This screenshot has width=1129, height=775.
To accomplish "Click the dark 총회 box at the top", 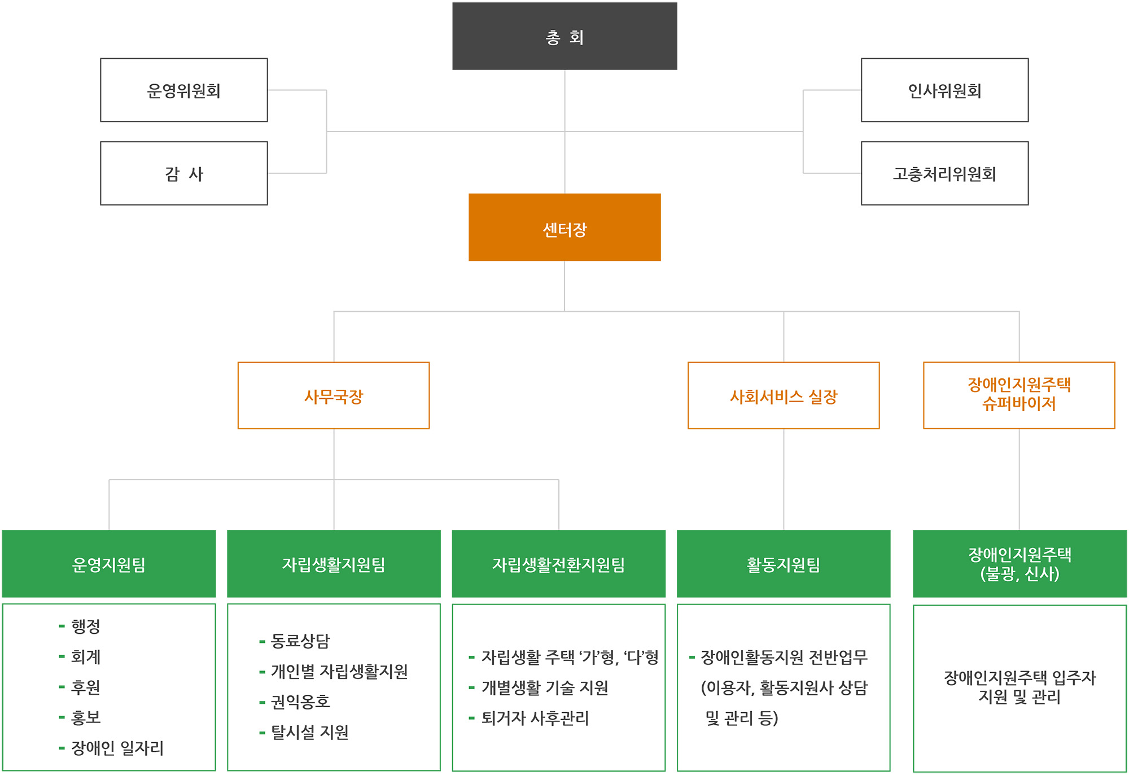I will pos(564,36).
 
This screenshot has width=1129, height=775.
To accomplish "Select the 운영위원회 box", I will pos(183,90).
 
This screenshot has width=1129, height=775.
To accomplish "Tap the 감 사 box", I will pos(183,173).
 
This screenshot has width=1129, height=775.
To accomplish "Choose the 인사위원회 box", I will pos(944,90).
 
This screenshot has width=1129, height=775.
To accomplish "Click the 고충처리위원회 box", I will pos(944,173).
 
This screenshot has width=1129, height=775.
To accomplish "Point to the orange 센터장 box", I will pos(564,228).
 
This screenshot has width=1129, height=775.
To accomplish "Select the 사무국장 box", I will pos(334,396).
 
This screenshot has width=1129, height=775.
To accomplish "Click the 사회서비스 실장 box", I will pos(784,396).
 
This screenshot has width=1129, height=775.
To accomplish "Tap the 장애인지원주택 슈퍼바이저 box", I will pos(1019,395).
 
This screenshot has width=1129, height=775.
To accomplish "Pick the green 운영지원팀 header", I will pos(109,564).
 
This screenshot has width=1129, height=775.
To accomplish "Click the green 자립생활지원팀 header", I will pos(334,564).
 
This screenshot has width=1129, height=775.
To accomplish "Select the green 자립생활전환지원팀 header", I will pos(558,564).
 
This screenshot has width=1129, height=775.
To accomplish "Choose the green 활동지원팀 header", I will pos(784,564).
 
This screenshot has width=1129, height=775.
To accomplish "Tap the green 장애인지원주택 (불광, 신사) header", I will pos(1019,564).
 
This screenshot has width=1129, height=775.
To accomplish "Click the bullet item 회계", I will pos(86,657).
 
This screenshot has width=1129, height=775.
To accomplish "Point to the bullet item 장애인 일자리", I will pos(117,748).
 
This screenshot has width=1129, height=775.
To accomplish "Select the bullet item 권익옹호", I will pos(300,702).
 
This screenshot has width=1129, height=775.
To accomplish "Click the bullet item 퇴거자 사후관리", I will pos(535,719).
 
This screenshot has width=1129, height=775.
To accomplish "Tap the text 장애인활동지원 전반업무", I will pos(784,657).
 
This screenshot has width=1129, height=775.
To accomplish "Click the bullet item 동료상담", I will pos(300,641).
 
